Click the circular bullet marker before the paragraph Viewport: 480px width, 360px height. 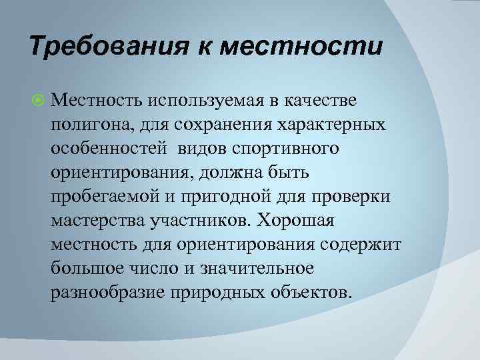pyautogui.click(x=37, y=100)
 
